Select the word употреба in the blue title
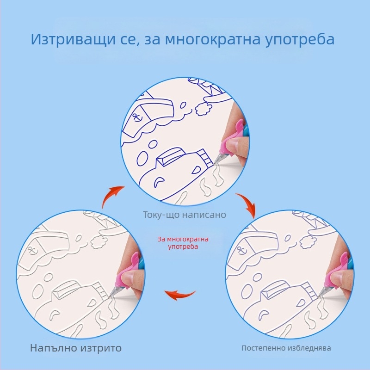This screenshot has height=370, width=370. (x=300, y=39)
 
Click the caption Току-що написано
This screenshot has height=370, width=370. (x=184, y=215)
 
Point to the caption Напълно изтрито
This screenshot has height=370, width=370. (x=76, y=348)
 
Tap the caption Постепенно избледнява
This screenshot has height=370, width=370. (x=286, y=348)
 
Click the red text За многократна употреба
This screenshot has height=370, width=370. (x=183, y=243)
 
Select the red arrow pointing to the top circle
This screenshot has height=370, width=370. (x=112, y=196)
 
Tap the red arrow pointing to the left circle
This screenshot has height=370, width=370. (x=180, y=295)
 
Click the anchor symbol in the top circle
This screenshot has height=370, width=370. (x=136, y=117)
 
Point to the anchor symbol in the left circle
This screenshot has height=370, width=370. (x=31, y=249)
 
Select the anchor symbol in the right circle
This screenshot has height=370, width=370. (x=241, y=250)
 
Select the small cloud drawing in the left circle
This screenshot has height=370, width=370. (x=99, y=241)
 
